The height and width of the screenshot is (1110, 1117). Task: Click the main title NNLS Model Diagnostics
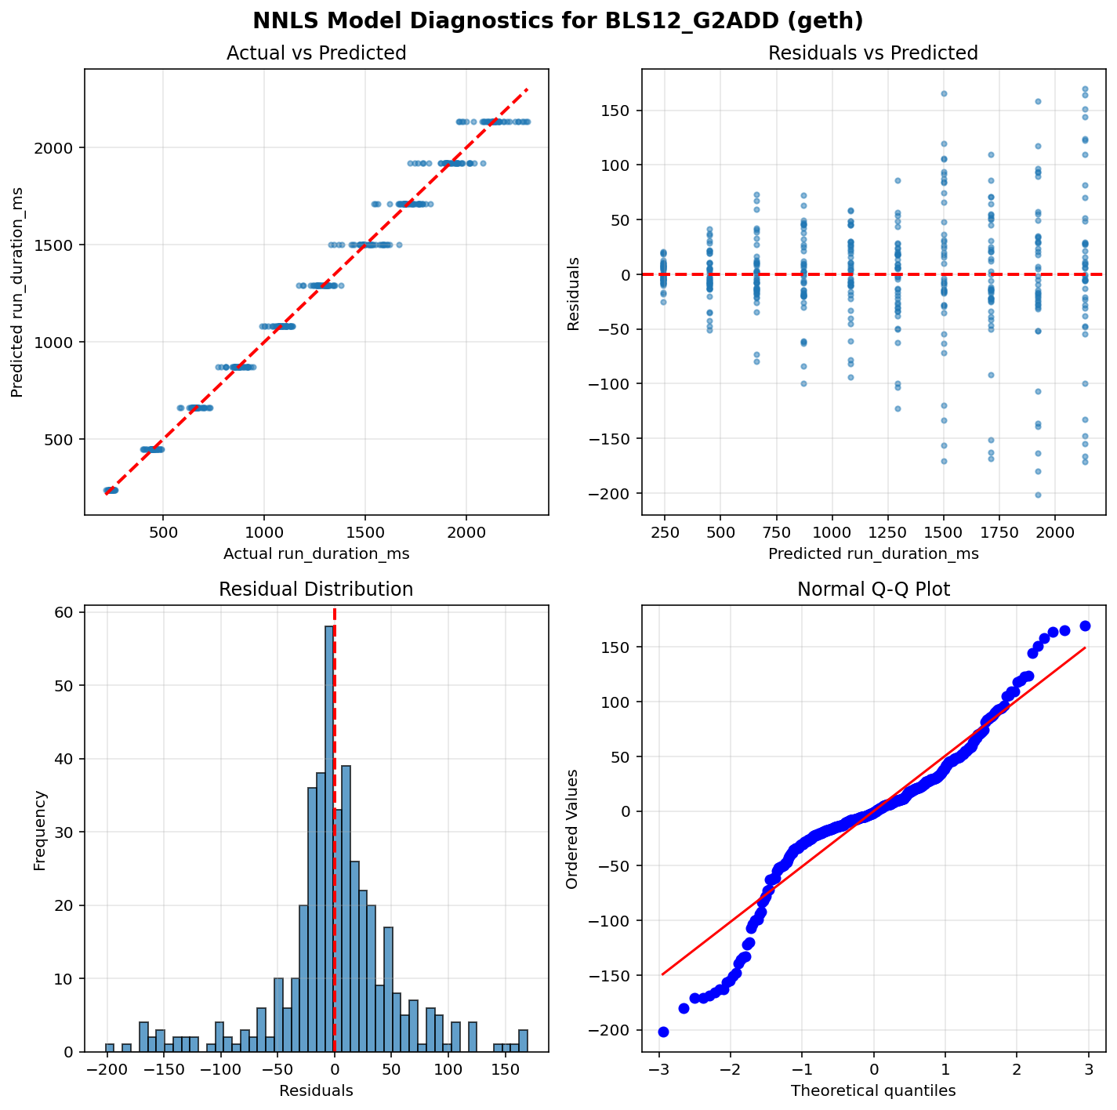pos(557,20)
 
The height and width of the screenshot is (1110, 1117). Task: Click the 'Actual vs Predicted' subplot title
pos(316,53)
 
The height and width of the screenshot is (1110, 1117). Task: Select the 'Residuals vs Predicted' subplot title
pos(873,53)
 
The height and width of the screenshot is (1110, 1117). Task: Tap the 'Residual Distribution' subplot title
pos(316,589)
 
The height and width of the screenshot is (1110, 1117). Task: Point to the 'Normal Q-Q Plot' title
pos(873,589)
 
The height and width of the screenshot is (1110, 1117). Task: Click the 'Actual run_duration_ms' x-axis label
pos(316,554)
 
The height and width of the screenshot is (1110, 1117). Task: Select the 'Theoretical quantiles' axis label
pos(873,1090)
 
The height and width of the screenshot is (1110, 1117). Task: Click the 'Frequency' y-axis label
pos(41,830)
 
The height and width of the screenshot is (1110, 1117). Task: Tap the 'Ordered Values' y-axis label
pos(572,829)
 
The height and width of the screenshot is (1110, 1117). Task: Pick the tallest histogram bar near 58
pos(330,839)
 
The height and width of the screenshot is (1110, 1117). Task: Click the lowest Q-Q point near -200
pos(663,1032)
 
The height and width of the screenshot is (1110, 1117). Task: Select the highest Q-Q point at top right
pos(1085,626)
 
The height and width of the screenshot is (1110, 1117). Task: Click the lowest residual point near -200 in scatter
pos(1038,495)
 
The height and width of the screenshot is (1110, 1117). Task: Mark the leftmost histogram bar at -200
pos(110,1048)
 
